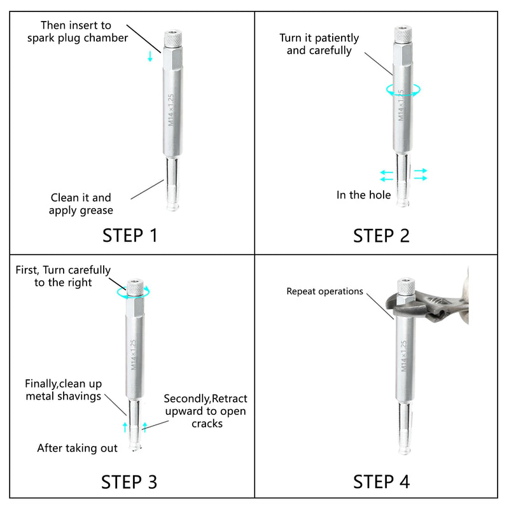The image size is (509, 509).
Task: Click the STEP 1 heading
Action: [130, 235]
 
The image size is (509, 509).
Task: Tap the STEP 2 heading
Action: [381, 235]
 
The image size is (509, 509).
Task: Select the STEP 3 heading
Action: [129, 482]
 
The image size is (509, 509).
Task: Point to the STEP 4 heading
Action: [381, 482]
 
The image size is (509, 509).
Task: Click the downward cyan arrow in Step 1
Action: [150, 56]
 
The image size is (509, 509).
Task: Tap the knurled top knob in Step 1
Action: [172, 38]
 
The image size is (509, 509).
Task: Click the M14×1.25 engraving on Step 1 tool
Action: [171, 109]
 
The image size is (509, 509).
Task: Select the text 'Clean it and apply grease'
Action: [81, 204]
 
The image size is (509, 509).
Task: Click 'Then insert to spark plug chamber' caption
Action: [77, 31]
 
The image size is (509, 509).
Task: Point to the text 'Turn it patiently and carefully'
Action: [319, 44]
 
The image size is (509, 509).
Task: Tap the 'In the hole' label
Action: [363, 195]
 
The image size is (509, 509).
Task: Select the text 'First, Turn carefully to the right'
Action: [63, 276]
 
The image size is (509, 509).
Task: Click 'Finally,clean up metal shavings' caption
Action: [63, 390]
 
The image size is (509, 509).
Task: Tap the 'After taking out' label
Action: [77, 448]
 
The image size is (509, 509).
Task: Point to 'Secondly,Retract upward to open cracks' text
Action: [206, 411]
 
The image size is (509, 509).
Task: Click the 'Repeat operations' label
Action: [324, 291]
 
